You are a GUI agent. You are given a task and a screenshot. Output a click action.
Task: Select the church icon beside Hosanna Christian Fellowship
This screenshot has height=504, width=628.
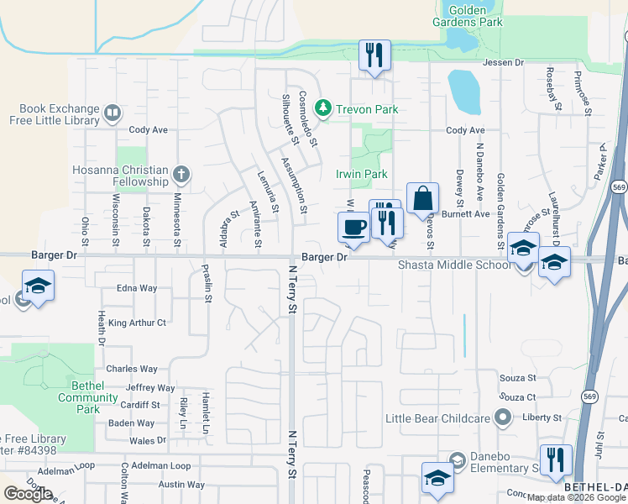pyautogui.click(x=181, y=175)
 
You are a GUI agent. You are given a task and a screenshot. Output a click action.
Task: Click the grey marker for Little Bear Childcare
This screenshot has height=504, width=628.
pyautogui.click(x=503, y=417)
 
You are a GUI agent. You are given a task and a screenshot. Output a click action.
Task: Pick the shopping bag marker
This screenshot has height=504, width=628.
pyautogui.click(x=423, y=200)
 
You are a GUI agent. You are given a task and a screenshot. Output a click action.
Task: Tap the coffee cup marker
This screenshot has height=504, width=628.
pyautogui.click(x=353, y=227)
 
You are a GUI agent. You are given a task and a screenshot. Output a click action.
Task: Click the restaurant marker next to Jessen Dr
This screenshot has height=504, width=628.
pyautogui.click(x=374, y=55)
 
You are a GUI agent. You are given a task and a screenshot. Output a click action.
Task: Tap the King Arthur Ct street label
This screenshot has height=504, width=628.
pyautogui.click(x=138, y=322)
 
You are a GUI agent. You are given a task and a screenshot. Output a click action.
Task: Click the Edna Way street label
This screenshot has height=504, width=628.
pyautogui.click(x=137, y=288)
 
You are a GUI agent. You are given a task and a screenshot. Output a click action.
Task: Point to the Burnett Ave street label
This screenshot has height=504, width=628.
pyautogui.click(x=467, y=214)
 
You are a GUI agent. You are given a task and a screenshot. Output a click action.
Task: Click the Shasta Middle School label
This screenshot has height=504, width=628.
pyautogui.click(x=453, y=265)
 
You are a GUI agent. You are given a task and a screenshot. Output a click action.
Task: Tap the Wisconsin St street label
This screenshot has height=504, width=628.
pyautogui.click(x=114, y=220)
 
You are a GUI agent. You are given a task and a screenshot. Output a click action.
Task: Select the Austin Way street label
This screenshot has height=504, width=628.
pyautogui.click(x=181, y=484)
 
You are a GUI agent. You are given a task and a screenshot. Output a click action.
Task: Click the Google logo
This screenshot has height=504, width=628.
pyautogui.click(x=28, y=494)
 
